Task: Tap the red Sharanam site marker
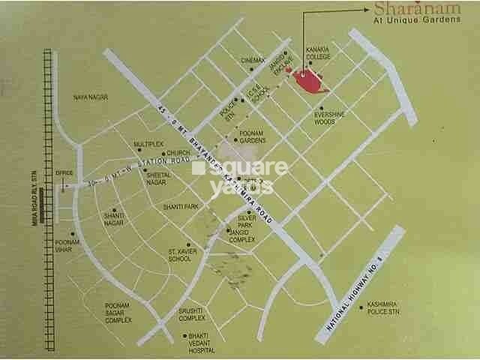pos(308,81)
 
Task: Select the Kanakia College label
pos(319,54)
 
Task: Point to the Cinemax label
pos(253,60)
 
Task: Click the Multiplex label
pos(148,143)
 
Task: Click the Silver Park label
pos(245,221)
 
